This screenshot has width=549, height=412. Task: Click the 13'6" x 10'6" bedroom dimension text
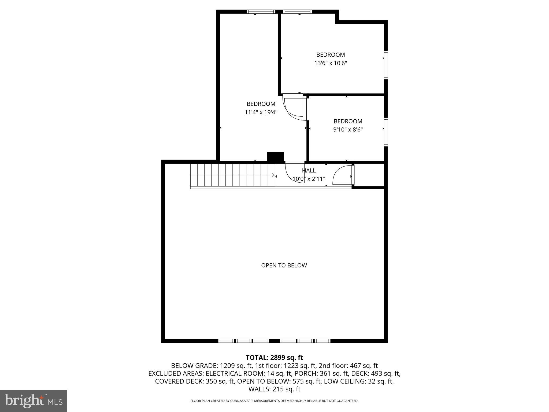coord(331,63)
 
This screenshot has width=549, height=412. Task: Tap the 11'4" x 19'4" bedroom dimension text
coord(261,112)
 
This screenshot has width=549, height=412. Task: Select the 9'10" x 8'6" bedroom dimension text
coord(348,130)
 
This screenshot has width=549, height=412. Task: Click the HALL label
coord(309,170)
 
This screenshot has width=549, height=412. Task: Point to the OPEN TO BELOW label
coord(284,265)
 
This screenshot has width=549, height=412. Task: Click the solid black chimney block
coord(275,157)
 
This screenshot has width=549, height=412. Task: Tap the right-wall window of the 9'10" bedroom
coord(386,132)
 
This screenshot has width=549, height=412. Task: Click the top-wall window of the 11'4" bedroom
coord(261,12)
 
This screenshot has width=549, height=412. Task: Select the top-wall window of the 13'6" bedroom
coord(297,12)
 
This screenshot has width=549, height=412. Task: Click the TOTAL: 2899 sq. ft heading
coord(274,358)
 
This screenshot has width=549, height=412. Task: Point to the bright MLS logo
coord(34,401)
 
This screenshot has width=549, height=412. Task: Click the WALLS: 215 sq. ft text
coord(274,389)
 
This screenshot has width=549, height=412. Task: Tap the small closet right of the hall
coord(369,175)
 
